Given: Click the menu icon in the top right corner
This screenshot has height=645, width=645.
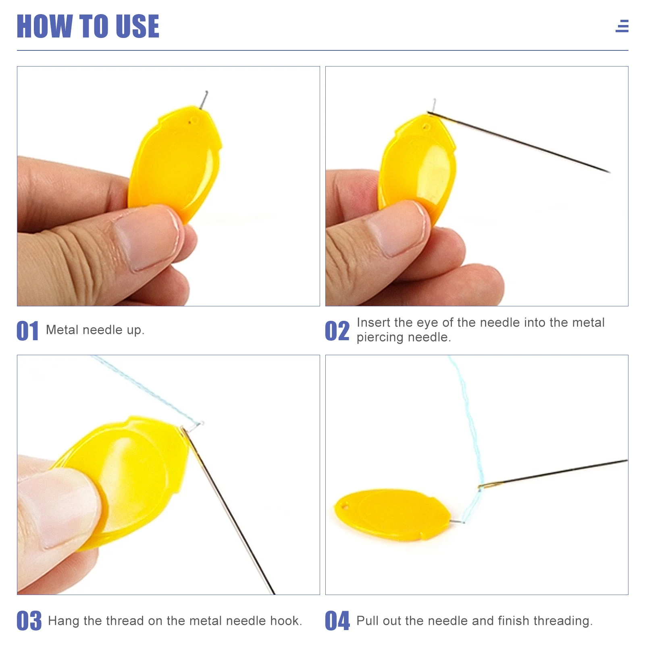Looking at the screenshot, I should (x=622, y=26).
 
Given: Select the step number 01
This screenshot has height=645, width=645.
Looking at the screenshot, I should (x=27, y=331).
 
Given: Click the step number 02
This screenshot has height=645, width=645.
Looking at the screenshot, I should (x=337, y=331).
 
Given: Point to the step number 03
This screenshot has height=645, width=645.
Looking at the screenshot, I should (x=29, y=621).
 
